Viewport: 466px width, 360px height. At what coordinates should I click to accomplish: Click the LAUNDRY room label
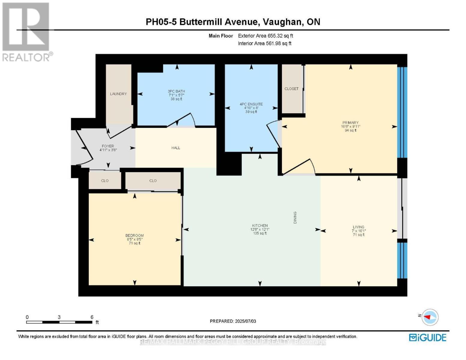click(x=118, y=94)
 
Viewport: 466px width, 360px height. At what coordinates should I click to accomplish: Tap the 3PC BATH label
click(x=176, y=91)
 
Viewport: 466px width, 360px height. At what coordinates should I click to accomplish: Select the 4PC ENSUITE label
click(x=251, y=104)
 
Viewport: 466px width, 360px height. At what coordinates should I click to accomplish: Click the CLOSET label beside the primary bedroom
click(x=291, y=89)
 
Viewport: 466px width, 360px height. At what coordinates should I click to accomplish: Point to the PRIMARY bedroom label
click(x=350, y=123)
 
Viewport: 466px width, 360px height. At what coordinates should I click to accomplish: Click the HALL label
click(x=176, y=148)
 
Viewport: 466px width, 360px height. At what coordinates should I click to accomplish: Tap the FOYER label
click(x=108, y=146)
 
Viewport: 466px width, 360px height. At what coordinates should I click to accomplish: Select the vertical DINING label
click(x=295, y=217)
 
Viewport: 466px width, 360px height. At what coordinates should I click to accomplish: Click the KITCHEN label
click(x=260, y=226)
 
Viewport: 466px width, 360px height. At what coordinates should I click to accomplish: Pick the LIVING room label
click(x=359, y=227)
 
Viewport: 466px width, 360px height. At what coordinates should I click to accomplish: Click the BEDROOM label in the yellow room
click(x=134, y=235)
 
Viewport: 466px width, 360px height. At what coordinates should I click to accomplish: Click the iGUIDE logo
click(x=428, y=337)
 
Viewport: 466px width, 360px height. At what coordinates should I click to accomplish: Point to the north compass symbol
click(x=430, y=317)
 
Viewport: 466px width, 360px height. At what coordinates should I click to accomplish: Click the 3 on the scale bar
click(x=59, y=317)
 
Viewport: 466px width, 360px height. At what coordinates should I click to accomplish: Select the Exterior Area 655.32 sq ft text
click(x=265, y=36)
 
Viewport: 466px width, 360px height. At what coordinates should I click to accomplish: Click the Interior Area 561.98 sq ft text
click(x=264, y=43)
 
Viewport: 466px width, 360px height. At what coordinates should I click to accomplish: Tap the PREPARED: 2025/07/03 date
click(x=233, y=321)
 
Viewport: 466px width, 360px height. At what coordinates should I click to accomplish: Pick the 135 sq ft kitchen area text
click(x=260, y=233)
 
